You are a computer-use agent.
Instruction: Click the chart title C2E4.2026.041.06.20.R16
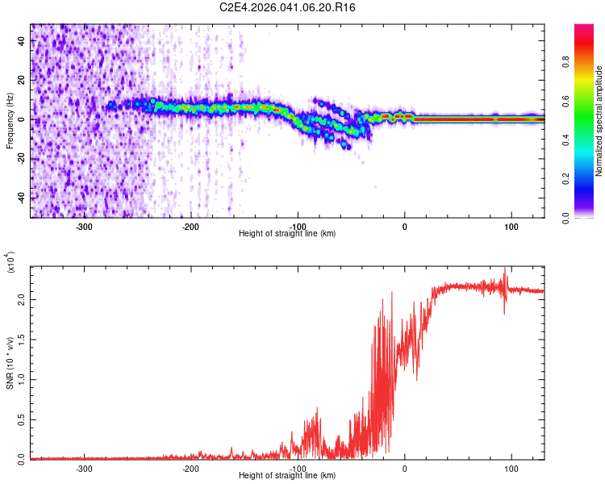click(288, 7)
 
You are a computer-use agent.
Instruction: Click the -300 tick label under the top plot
click(84, 226)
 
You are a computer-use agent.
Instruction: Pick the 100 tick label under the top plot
click(511, 226)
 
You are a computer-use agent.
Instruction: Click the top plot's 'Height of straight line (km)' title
click(287, 234)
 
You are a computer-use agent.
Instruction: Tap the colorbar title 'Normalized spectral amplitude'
click(599, 121)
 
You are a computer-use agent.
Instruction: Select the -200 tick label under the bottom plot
click(190, 468)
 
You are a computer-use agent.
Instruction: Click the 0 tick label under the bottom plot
click(404, 468)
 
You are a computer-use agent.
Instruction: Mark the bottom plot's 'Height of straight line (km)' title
click(287, 476)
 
